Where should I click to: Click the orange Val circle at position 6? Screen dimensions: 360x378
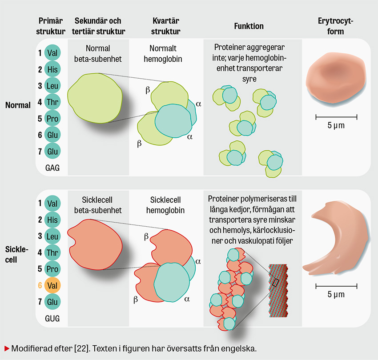pos(52,285)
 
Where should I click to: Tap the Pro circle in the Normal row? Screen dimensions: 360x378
pos(52,119)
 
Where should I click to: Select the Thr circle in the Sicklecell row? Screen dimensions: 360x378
pos(52,252)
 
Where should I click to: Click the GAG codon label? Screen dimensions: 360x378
pos(52,168)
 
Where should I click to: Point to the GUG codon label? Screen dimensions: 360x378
pos(52,318)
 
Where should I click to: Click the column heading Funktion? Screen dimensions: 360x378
pos(249,26)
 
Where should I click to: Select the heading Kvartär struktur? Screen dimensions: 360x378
pos(166,26)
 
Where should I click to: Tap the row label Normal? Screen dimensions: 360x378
pos(18,105)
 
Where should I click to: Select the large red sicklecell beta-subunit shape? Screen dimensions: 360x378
pos(96,244)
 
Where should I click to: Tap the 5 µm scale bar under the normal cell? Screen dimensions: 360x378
pos(336,117)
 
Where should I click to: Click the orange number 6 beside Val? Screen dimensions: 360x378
pos(40,285)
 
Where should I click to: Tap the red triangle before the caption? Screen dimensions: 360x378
pos(7,347)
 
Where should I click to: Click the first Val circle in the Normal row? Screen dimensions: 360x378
pos(52,53)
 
